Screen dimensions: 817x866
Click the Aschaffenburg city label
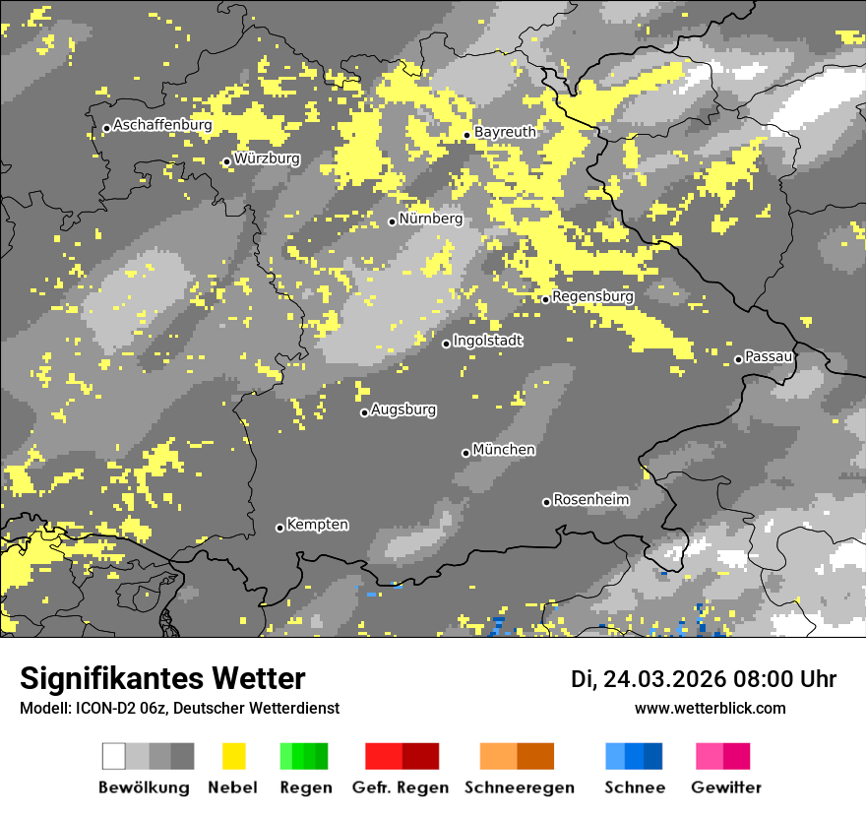[162, 125]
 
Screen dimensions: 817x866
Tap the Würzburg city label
[267, 158]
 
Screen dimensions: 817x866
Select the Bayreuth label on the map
[505, 132]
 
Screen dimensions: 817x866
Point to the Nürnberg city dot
[392, 221]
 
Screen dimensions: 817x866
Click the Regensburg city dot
[545, 299]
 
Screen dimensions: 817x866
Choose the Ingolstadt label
[488, 341]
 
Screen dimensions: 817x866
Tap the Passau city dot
[738, 359]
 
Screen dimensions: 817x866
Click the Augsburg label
[403, 409]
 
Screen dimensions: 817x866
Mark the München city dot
[465, 453]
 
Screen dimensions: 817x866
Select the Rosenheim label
[590, 500]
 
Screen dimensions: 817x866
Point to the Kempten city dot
[279, 528]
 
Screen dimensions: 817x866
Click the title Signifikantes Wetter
[162, 678]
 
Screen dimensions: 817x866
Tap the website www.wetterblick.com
[711, 708]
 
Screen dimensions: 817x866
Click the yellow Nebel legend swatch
[233, 756]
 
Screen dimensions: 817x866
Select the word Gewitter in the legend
[726, 787]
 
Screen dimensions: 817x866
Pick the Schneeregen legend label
[520, 787]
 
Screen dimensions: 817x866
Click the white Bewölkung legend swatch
[114, 756]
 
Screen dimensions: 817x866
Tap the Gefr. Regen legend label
[401, 787]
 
